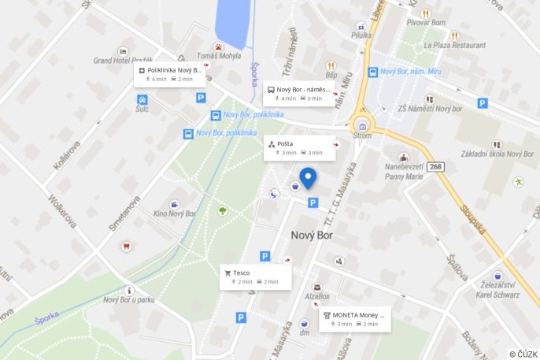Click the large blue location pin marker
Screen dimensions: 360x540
point(308,178)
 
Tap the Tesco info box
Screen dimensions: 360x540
point(255,276)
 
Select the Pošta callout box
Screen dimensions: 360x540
point(299,147)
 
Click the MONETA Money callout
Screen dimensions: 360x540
point(354,319)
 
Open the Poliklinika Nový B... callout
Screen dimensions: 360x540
point(169,74)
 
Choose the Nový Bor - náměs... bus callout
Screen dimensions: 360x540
point(299,93)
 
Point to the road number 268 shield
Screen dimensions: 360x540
point(437,166)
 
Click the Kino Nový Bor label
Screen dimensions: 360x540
point(174,213)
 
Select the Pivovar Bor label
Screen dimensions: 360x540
point(425,23)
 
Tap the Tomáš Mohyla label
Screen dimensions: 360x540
point(219,56)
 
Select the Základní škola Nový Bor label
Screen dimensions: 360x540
point(497,154)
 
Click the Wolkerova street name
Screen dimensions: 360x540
point(62,211)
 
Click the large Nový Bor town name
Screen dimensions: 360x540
point(312,235)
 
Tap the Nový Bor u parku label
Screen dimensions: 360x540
point(128,299)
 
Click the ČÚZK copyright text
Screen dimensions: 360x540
point(523,354)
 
